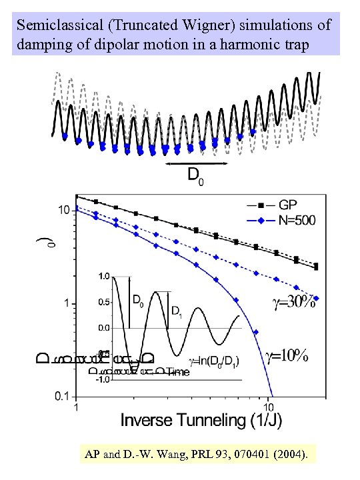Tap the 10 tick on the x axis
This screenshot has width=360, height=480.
pyautogui.click(x=269, y=405)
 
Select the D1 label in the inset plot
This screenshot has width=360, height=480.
pyautogui.click(x=177, y=311)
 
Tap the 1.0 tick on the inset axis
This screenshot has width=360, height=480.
pyautogui.click(x=103, y=275)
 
